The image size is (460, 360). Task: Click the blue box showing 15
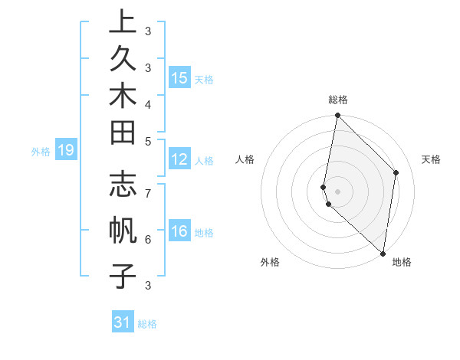point(179,77)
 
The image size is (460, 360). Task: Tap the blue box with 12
point(179,160)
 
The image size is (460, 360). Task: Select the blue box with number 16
point(179,231)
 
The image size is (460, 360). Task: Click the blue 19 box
point(66,151)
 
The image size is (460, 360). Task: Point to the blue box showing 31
point(123,322)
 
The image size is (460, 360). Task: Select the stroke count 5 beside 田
point(148,141)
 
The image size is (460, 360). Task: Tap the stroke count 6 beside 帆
point(148,238)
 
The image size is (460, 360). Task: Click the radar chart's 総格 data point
point(337,115)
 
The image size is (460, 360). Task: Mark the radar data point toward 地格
point(383,254)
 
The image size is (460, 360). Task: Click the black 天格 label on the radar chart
point(431,160)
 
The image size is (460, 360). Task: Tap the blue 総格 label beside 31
point(148,324)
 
